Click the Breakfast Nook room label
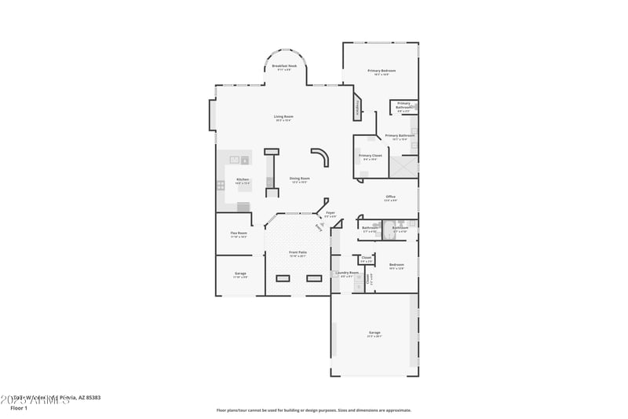pos(283,66)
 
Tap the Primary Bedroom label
pos(382,71)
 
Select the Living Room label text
pos(283,117)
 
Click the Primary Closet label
pos(371,156)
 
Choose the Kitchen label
pos(243,180)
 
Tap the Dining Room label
pos(299,178)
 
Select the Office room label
pos(390,197)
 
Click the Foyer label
pos(330,212)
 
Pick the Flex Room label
pos(239,233)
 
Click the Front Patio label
pos(298,252)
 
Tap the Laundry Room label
pos(347,273)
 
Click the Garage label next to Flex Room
pos(240,274)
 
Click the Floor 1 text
pos(19,408)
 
